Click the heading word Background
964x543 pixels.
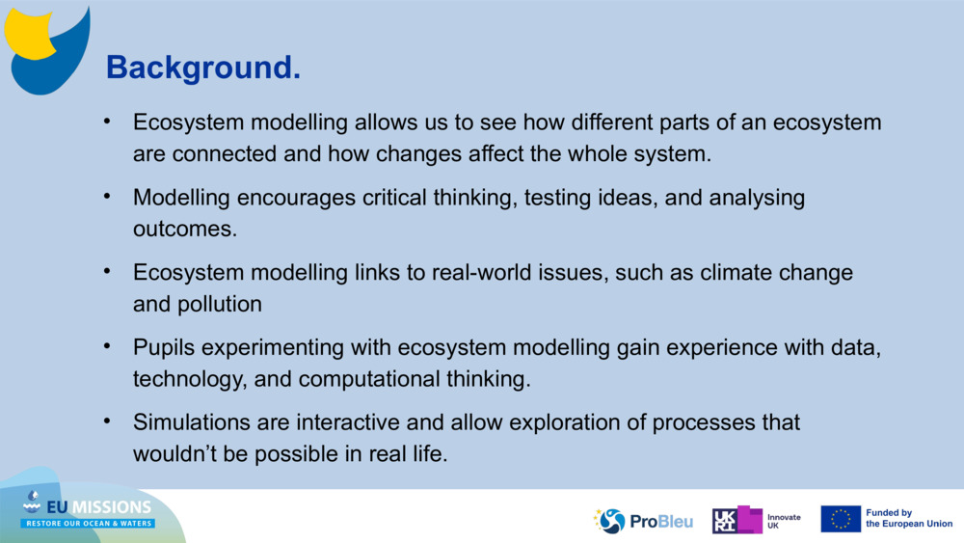pyautogui.click(x=202, y=68)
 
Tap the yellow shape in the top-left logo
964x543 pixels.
pyautogui.click(x=27, y=34)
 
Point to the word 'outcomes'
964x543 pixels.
pyautogui.click(x=184, y=230)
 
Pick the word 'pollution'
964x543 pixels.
pyautogui.click(x=220, y=305)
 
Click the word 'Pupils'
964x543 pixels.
pyautogui.click(x=164, y=347)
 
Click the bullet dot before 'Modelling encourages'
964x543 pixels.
pyautogui.click(x=107, y=196)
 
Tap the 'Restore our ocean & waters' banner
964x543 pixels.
pyautogui.click(x=88, y=524)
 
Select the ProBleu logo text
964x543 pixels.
pyautogui.click(x=661, y=522)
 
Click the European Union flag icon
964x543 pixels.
pyautogui.click(x=841, y=519)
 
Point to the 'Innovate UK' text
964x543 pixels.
pyautogui.click(x=784, y=522)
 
